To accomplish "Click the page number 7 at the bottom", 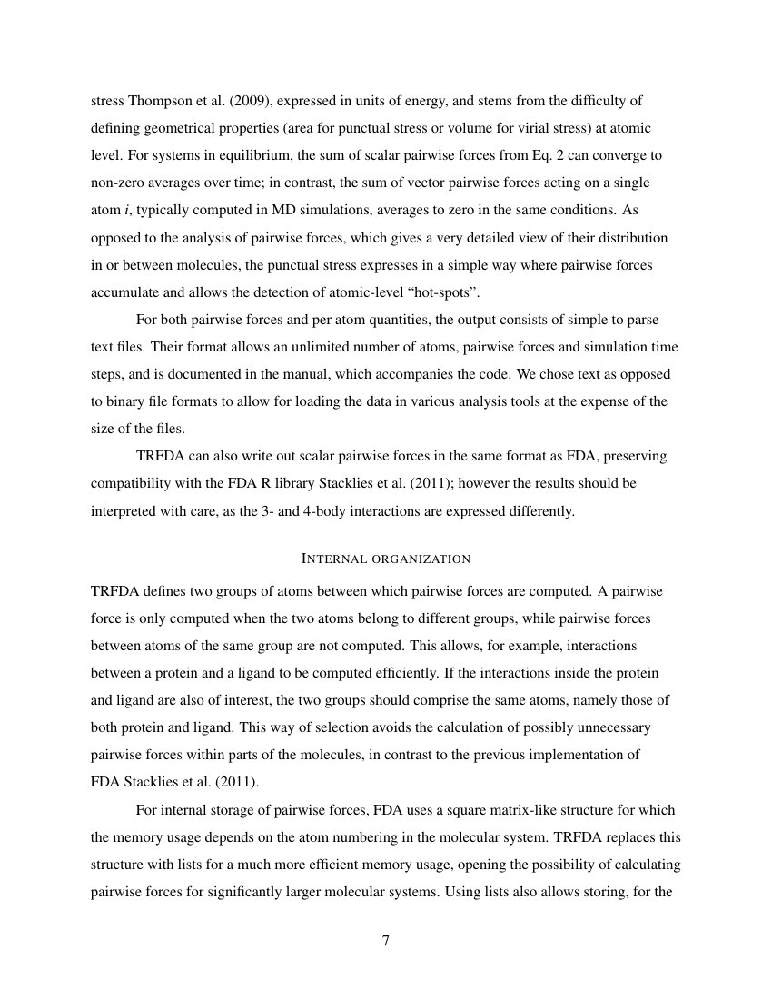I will (x=385, y=941).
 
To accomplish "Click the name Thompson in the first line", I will (x=161, y=101).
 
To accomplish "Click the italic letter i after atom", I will (x=125, y=210).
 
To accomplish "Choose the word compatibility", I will (x=133, y=483).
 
